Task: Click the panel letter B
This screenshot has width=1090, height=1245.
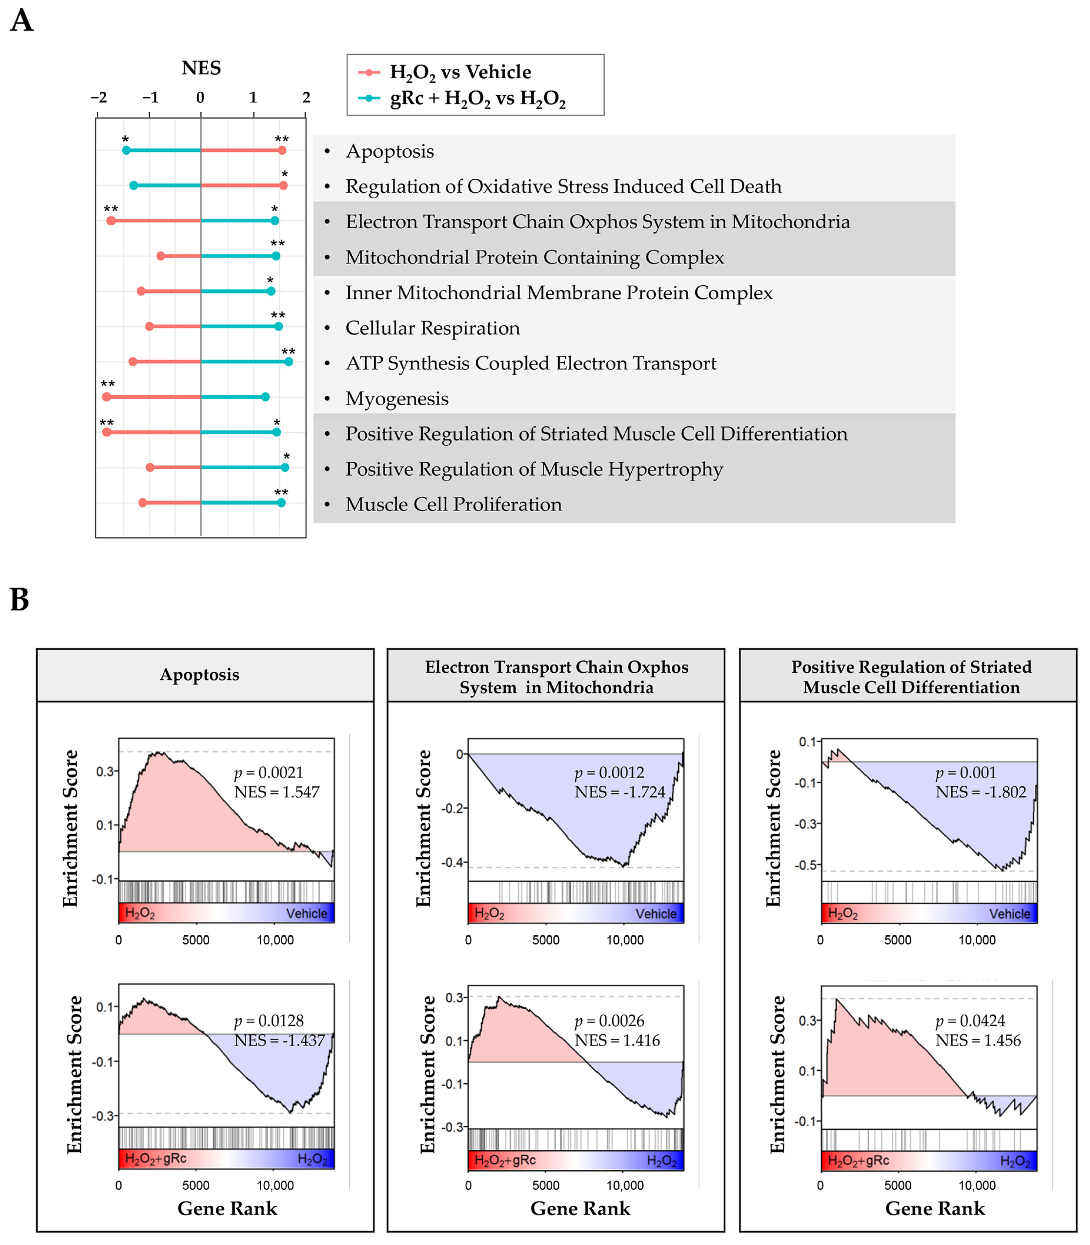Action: [x=20, y=599]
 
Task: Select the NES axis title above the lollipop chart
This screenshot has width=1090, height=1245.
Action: [x=201, y=68]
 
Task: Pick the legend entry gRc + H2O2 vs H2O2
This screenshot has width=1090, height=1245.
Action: [x=477, y=98]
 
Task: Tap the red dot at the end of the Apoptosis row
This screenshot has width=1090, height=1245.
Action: [x=282, y=150]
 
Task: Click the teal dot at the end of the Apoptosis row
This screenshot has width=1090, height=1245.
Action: [x=126, y=150]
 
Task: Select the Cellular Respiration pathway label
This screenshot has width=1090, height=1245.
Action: [x=433, y=328]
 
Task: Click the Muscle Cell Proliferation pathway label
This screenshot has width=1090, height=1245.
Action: [x=453, y=504]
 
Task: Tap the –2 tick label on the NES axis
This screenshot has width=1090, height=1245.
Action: [x=99, y=97]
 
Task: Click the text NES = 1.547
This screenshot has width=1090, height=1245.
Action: [x=277, y=792]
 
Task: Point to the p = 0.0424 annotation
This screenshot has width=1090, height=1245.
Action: [x=970, y=1021]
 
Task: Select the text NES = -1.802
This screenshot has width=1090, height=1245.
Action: [x=980, y=792]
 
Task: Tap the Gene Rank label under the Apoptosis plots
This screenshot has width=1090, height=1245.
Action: [x=227, y=1208]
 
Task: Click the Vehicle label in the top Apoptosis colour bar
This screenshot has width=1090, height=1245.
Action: [x=307, y=914]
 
